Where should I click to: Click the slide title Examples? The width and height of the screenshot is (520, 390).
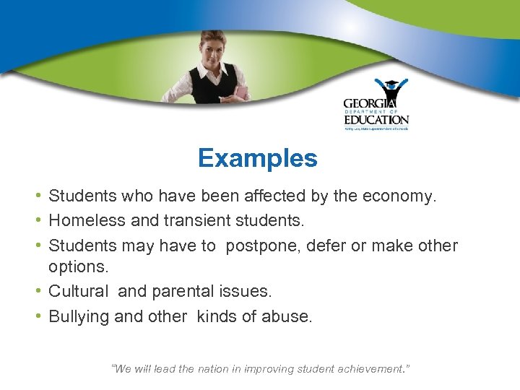[257, 158]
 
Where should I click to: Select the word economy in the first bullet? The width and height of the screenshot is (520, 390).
[400, 196]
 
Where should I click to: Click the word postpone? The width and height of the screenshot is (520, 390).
[258, 246]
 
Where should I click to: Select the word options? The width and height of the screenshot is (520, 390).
[78, 267]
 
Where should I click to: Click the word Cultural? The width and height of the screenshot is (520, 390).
[79, 291]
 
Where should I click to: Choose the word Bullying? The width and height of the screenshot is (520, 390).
[77, 316]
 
